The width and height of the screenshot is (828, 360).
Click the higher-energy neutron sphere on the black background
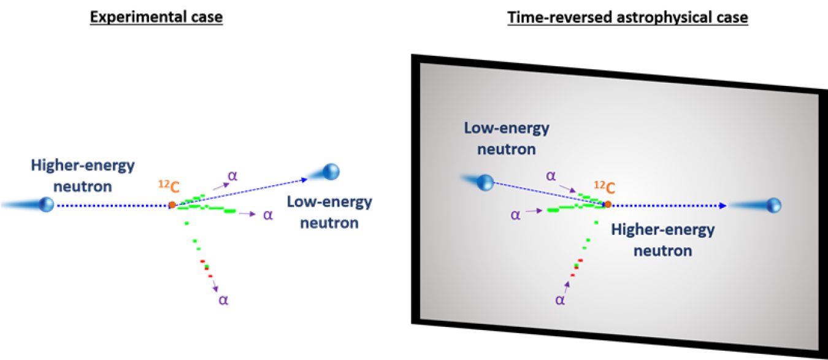coord(47,204)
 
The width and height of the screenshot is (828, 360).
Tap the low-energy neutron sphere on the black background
coord(332,171)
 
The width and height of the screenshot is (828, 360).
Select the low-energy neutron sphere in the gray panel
coord(485,182)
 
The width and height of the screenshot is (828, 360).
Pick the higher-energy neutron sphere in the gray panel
coord(773,205)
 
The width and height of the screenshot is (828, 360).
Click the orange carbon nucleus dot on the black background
coord(172,204)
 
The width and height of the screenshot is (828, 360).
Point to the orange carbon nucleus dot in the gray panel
coord(607,204)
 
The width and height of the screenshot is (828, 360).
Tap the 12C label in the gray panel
coord(604,188)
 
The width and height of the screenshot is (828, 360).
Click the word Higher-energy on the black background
coord(82,166)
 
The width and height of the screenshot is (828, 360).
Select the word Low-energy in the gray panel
coord(507,129)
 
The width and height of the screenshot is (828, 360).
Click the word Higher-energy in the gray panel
coord(663,230)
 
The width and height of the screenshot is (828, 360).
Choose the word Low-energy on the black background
coord(329,202)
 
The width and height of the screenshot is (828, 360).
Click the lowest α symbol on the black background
coord(223,301)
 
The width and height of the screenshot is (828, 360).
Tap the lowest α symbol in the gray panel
coord(560,300)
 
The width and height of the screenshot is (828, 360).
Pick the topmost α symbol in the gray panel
coord(551,176)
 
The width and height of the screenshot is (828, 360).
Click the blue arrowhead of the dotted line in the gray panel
coord(723,205)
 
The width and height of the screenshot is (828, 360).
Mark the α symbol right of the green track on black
coord(267,215)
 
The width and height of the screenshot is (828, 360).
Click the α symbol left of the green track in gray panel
coord(515,215)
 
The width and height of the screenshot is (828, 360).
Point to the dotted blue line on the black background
coord(110,205)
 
